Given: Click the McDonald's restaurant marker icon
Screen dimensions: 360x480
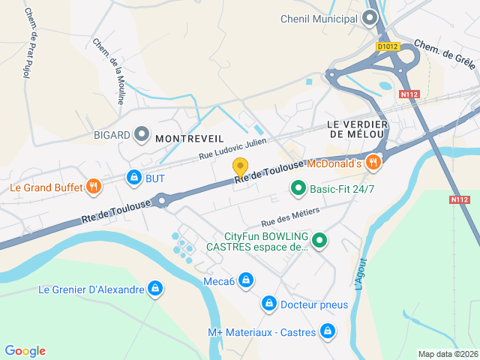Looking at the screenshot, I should point(373,163).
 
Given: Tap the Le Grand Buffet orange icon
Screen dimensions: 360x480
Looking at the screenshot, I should point(94,187).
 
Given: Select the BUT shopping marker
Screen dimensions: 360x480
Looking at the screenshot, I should point(133,178).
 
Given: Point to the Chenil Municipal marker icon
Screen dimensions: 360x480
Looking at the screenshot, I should point(370,19).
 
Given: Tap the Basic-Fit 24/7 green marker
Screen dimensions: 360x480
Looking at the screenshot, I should point(298,189).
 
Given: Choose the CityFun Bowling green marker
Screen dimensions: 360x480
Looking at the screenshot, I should point(320,241).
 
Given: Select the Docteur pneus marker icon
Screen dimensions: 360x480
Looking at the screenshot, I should point(268,304).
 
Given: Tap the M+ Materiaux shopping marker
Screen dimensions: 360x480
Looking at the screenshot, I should point(328,331).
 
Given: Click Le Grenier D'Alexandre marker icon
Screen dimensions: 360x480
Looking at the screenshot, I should point(155,289).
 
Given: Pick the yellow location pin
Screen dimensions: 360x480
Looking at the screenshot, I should point(240,167).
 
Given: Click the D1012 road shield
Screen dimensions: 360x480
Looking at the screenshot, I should point(388,46).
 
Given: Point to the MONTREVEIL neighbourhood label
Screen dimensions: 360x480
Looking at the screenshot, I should point(190,138).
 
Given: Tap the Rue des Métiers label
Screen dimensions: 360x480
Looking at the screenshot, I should point(290,217).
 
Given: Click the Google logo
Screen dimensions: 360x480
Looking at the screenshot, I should point(25,351).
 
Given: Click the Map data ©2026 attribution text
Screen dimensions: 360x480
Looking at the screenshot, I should point(447,354).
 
